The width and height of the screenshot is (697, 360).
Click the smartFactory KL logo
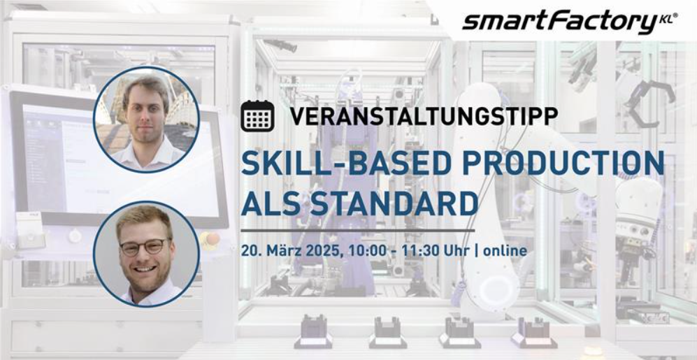click(570, 22)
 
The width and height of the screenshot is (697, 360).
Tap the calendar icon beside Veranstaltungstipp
click(257, 116)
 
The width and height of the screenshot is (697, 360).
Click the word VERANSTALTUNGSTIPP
click(424, 117)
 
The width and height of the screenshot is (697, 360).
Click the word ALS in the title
click(271, 204)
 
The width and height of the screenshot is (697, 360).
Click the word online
click(505, 251)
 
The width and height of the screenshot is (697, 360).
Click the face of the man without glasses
click(145, 116)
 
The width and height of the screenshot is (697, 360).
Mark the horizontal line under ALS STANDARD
click(358, 231)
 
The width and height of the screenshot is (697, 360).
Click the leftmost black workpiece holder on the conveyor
click(313, 331)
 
